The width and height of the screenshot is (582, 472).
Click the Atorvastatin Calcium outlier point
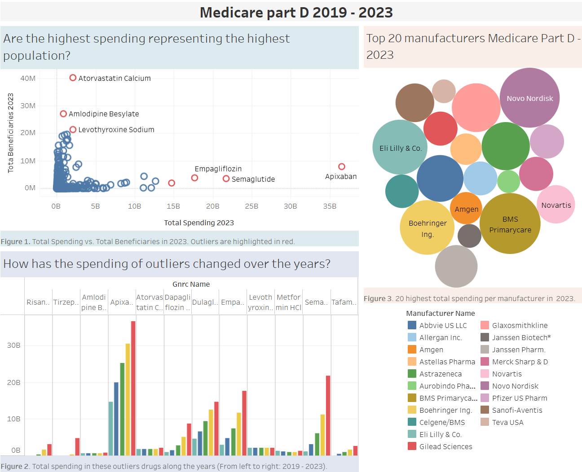click(73, 78)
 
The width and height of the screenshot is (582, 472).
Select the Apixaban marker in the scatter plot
click(342, 166)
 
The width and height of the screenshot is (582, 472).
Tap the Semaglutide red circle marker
click(226, 179)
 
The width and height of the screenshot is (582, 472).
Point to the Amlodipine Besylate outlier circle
click(63, 114)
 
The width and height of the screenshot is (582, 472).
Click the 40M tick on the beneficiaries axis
click(28, 78)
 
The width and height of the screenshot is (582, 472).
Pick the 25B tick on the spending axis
click(251, 206)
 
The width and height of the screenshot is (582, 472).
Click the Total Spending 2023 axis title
click(199, 223)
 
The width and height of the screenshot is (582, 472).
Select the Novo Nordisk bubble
click(530, 98)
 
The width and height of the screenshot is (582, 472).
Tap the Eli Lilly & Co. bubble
click(400, 148)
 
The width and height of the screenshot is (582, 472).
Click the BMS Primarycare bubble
click(510, 224)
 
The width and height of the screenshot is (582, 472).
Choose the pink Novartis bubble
click(556, 205)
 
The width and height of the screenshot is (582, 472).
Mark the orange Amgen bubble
click(466, 209)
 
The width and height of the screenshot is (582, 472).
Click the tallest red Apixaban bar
click(133, 388)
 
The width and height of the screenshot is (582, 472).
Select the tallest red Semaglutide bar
click(328, 415)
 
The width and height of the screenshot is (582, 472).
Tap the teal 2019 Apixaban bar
click(111, 428)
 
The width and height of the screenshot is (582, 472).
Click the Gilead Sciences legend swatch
click(412, 446)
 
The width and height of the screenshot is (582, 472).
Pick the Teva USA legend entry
click(507, 422)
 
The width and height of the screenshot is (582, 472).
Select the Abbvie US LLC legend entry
click(443, 325)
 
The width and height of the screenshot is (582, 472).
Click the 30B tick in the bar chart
click(13, 345)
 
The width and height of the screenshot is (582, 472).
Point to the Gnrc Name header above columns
click(191, 284)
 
